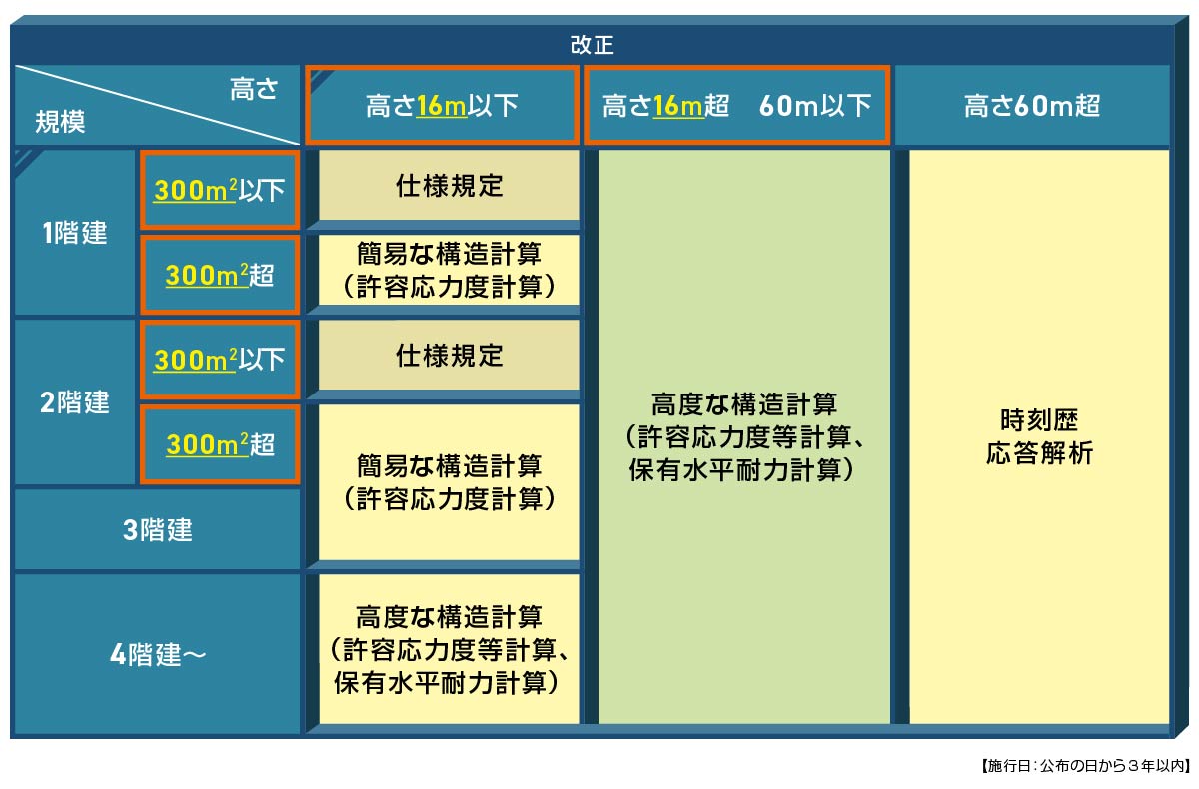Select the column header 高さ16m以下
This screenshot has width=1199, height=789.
pyautogui.click(x=442, y=106)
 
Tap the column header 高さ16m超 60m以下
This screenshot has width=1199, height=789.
pyautogui.click(x=736, y=106)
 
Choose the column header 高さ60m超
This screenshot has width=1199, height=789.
pyautogui.click(x=1031, y=106)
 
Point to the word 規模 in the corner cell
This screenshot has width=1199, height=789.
pyautogui.click(x=60, y=122)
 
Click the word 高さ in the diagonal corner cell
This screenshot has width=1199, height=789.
pyautogui.click(x=253, y=89)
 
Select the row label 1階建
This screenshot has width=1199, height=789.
pyautogui.click(x=75, y=233)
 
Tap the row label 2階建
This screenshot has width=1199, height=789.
pyautogui.click(x=75, y=402)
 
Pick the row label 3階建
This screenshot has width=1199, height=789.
pyautogui.click(x=157, y=530)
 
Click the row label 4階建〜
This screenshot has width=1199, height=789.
pyautogui.click(x=157, y=655)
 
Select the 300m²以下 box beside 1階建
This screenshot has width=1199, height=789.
pyautogui.click(x=219, y=190)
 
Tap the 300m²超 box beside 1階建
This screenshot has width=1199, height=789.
pyautogui.click(x=219, y=276)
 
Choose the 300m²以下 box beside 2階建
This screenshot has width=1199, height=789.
pyautogui.click(x=219, y=360)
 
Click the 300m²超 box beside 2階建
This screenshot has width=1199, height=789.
pyautogui.click(x=219, y=445)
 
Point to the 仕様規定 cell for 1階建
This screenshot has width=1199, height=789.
pyautogui.click(x=449, y=186)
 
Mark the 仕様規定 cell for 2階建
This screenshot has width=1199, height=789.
pyautogui.click(x=449, y=356)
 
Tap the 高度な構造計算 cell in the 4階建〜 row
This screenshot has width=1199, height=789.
pyautogui.click(x=449, y=649)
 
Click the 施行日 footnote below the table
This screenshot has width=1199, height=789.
pyautogui.click(x=1080, y=766)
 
